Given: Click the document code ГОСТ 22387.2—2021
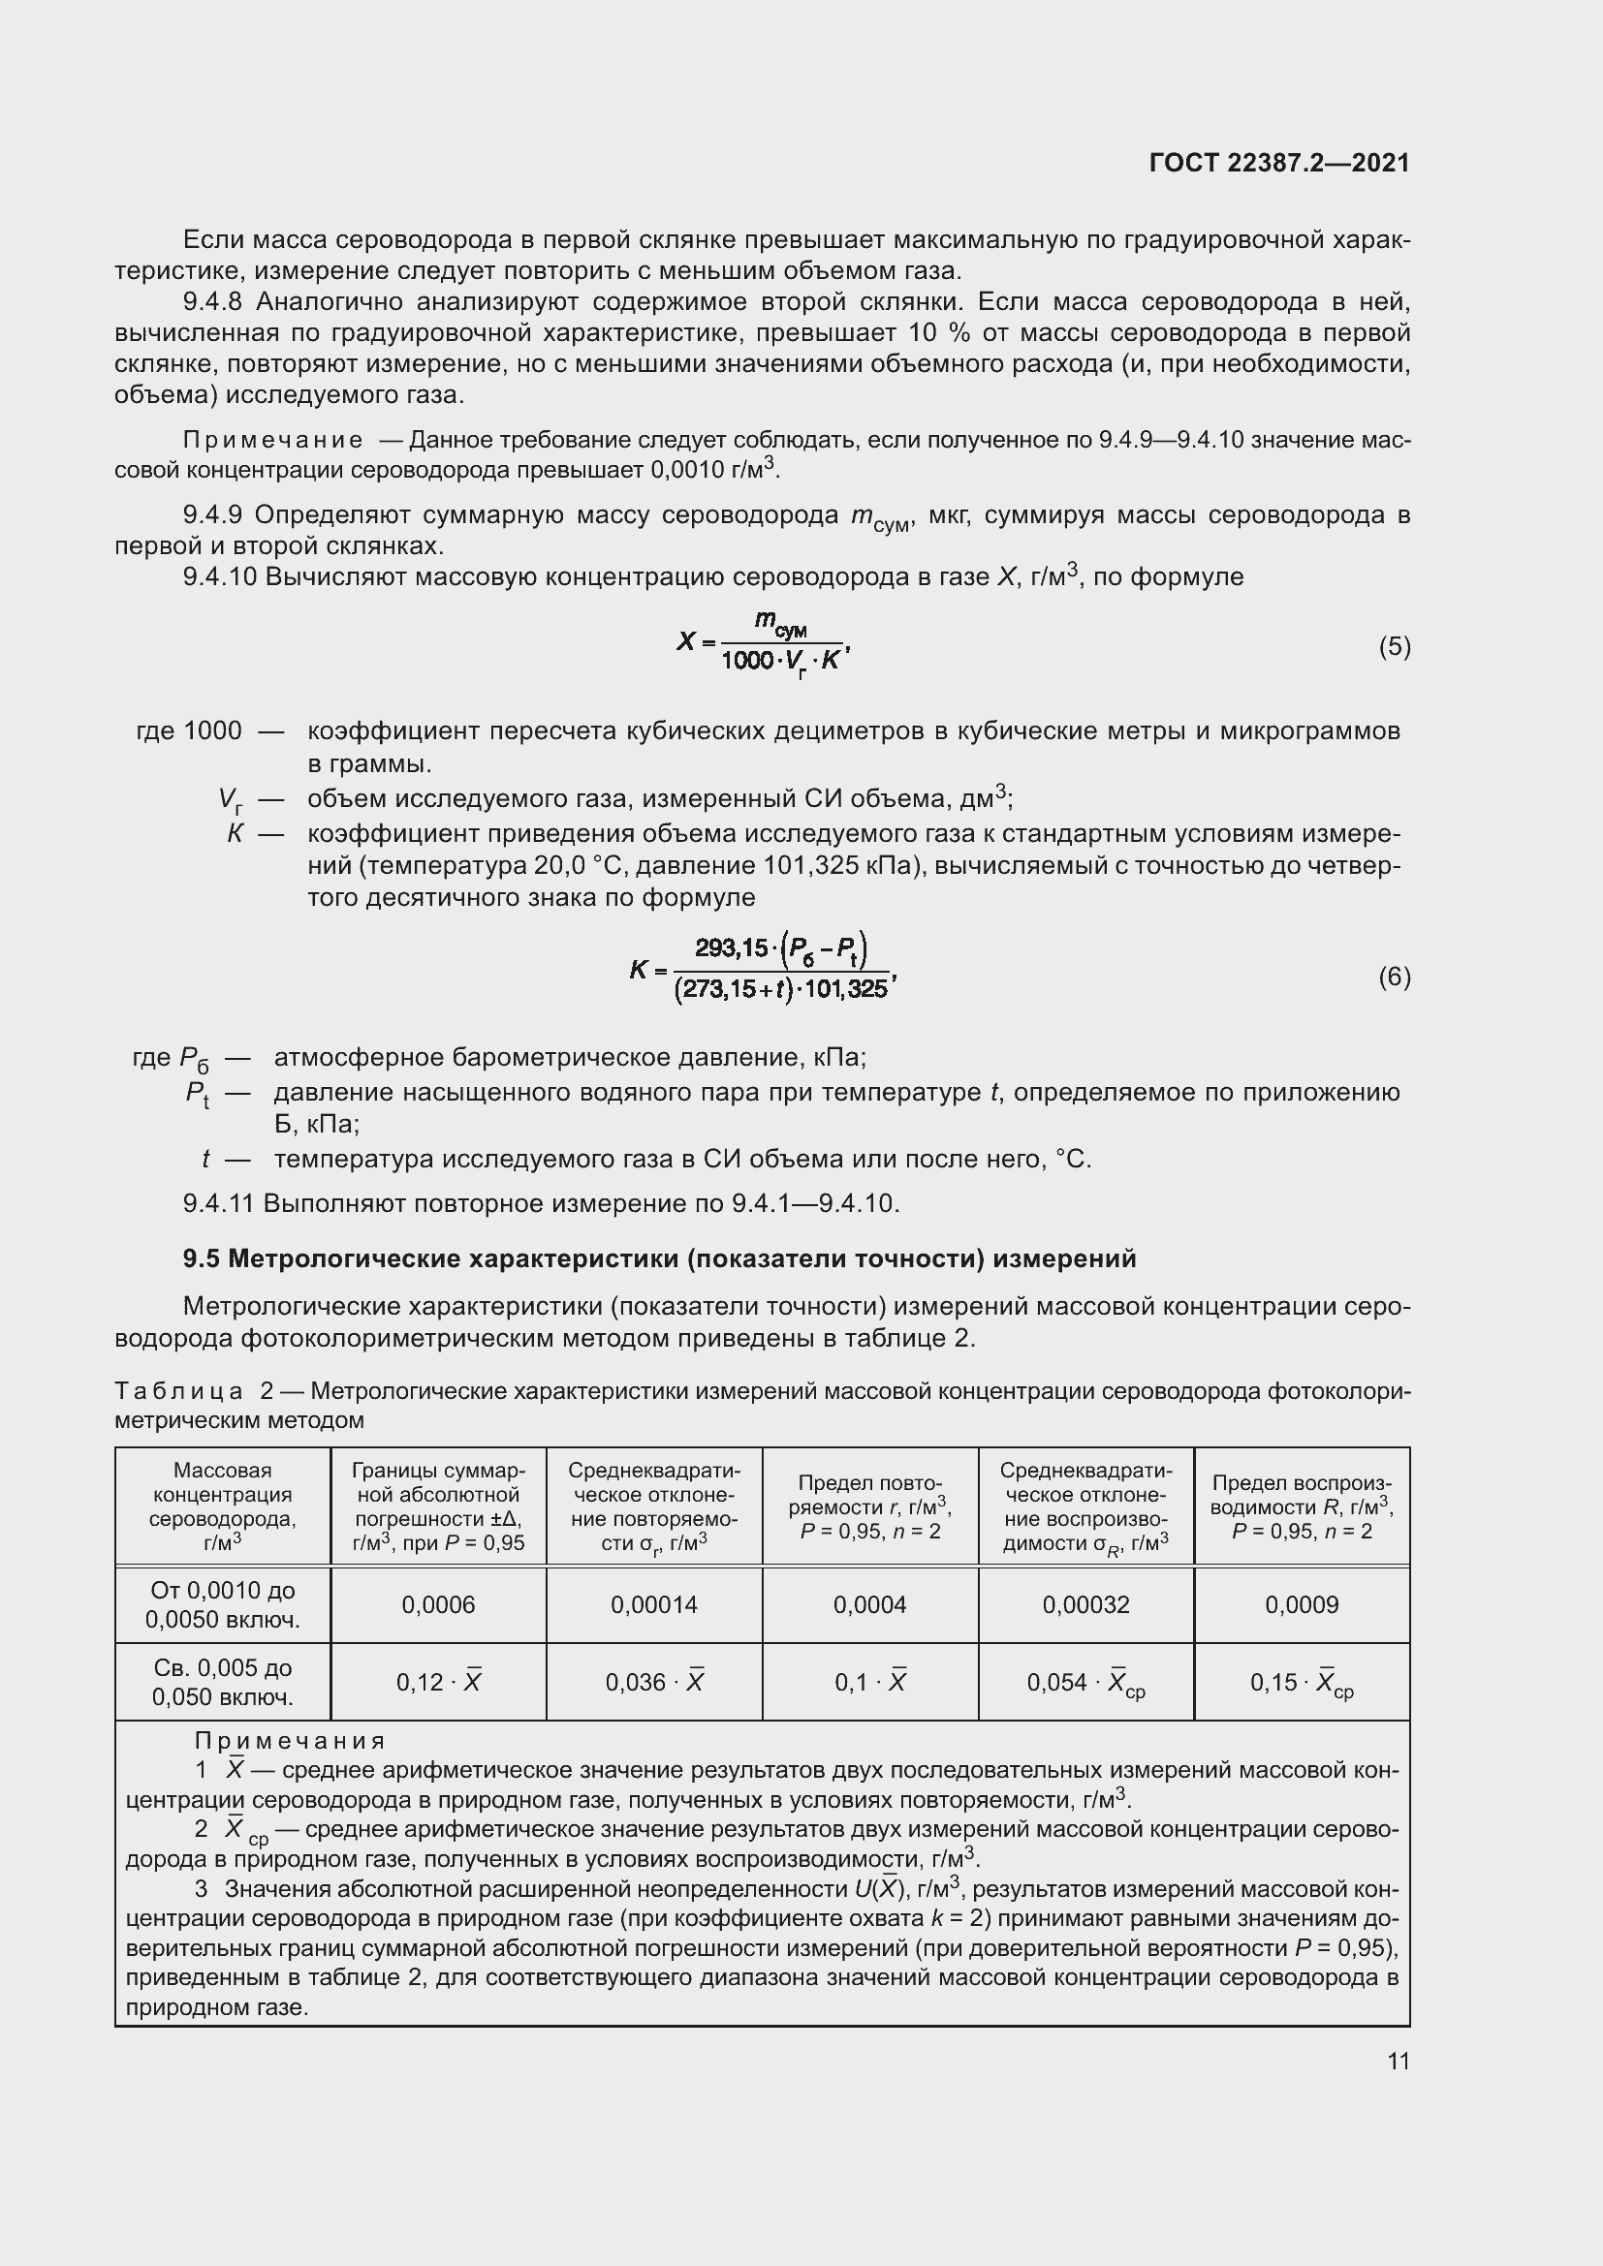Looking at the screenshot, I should tap(1279, 163).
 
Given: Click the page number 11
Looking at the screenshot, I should tap(1398, 2061).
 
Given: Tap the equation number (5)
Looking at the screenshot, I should tap(1394, 646).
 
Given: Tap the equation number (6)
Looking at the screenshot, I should tap(1394, 977).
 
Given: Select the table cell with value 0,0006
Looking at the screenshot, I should tap(438, 1604).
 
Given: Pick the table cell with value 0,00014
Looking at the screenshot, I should tap(653, 1604).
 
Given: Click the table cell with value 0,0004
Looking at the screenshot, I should tap(869, 1604).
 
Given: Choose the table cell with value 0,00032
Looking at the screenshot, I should tap(1085, 1604).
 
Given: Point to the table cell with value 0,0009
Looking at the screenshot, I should tap(1302, 1604).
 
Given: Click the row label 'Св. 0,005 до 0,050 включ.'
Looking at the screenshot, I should tap(223, 1682).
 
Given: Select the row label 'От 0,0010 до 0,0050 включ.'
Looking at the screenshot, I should tap(223, 1604).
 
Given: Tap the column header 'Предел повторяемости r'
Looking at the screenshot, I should tap(869, 1507).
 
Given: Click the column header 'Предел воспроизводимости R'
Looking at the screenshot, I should tap(1302, 1507).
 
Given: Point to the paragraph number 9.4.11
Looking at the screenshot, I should tap(219, 1203).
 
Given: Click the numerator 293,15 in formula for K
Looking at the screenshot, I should tap(731, 948).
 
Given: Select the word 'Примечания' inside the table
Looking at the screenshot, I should tap(289, 1740).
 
